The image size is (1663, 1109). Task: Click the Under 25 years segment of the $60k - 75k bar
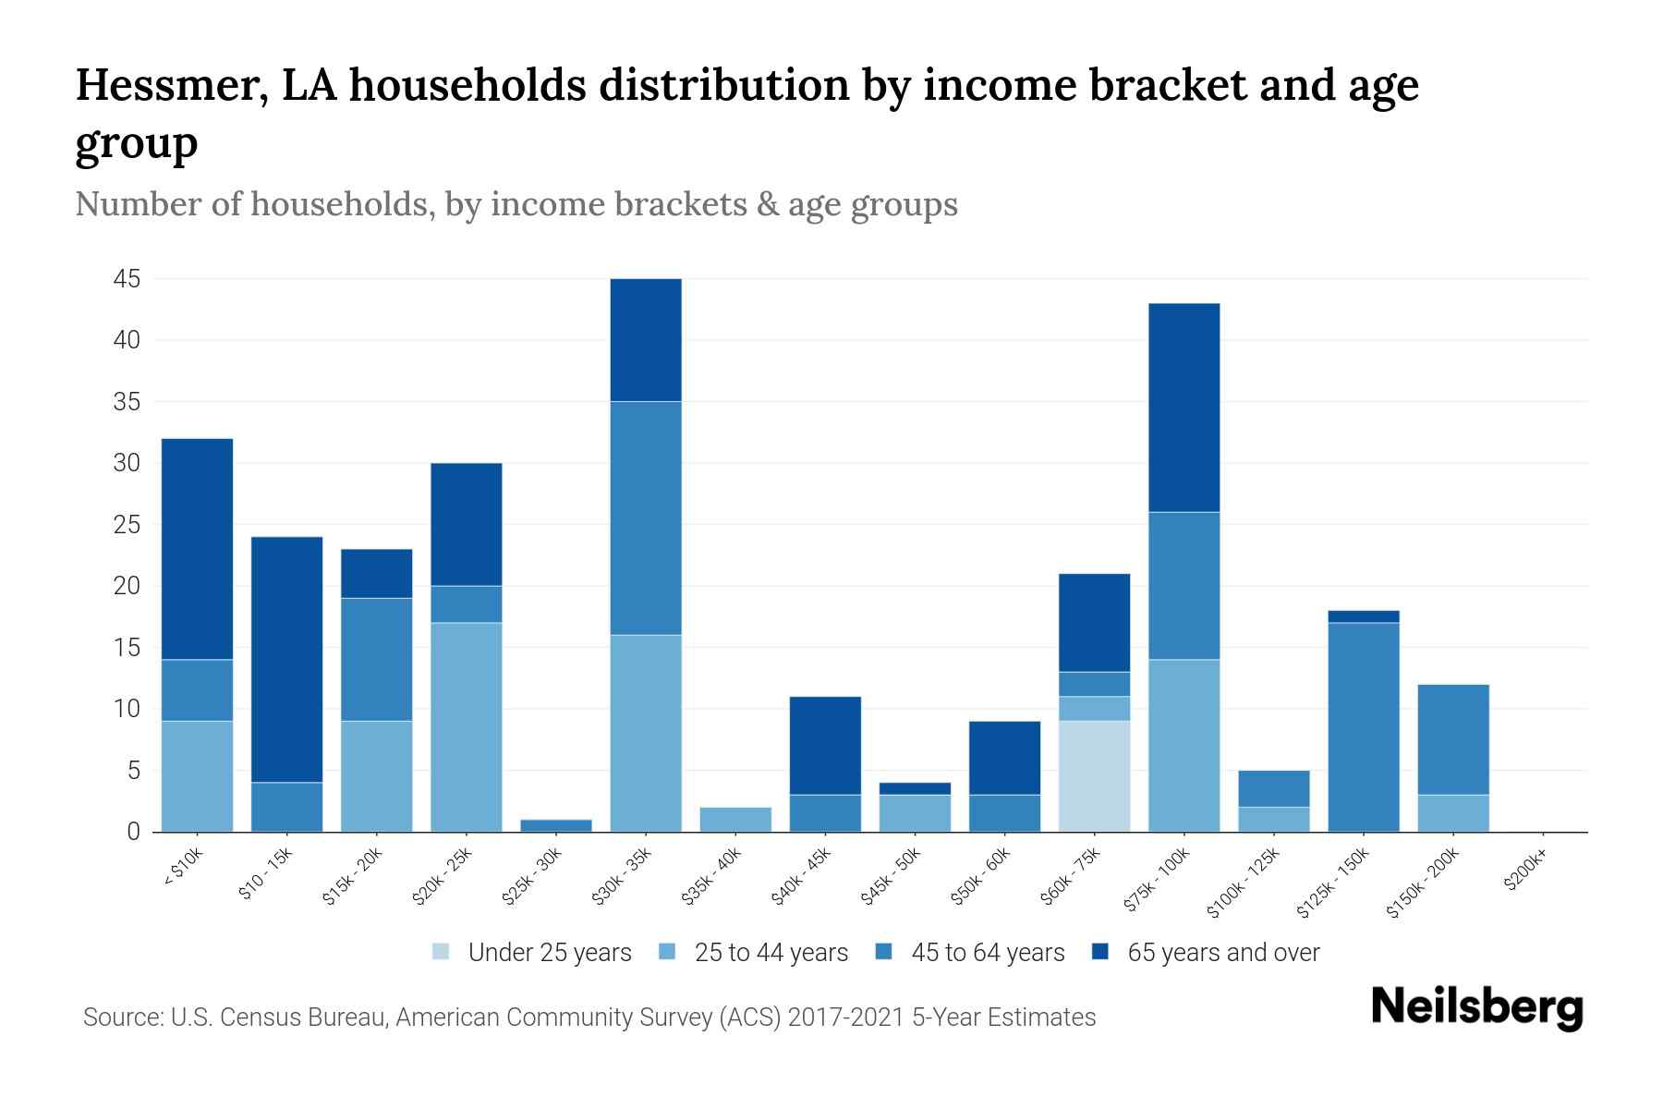(1094, 776)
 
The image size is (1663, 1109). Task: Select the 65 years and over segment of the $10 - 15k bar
(286, 659)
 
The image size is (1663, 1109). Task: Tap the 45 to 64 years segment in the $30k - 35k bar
(646, 518)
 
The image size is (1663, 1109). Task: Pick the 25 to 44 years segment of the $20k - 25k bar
(467, 726)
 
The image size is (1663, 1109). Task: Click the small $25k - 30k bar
(556, 825)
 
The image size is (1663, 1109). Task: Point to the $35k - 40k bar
(735, 820)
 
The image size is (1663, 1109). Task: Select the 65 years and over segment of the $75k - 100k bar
(1184, 408)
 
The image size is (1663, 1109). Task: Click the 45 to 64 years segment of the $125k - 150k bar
(1363, 726)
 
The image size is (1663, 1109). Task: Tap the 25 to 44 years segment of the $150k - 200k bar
(1452, 813)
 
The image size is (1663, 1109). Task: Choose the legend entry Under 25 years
(549, 953)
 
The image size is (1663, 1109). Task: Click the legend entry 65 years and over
(1222, 953)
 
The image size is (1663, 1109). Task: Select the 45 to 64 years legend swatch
(883, 952)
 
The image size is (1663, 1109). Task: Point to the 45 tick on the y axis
(127, 279)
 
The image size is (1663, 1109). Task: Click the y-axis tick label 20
(127, 586)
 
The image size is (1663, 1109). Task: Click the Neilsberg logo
(1476, 1007)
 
